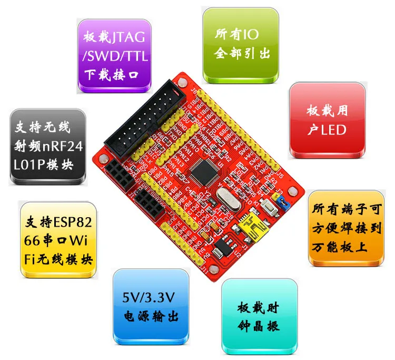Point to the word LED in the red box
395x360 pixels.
tap(334, 129)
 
